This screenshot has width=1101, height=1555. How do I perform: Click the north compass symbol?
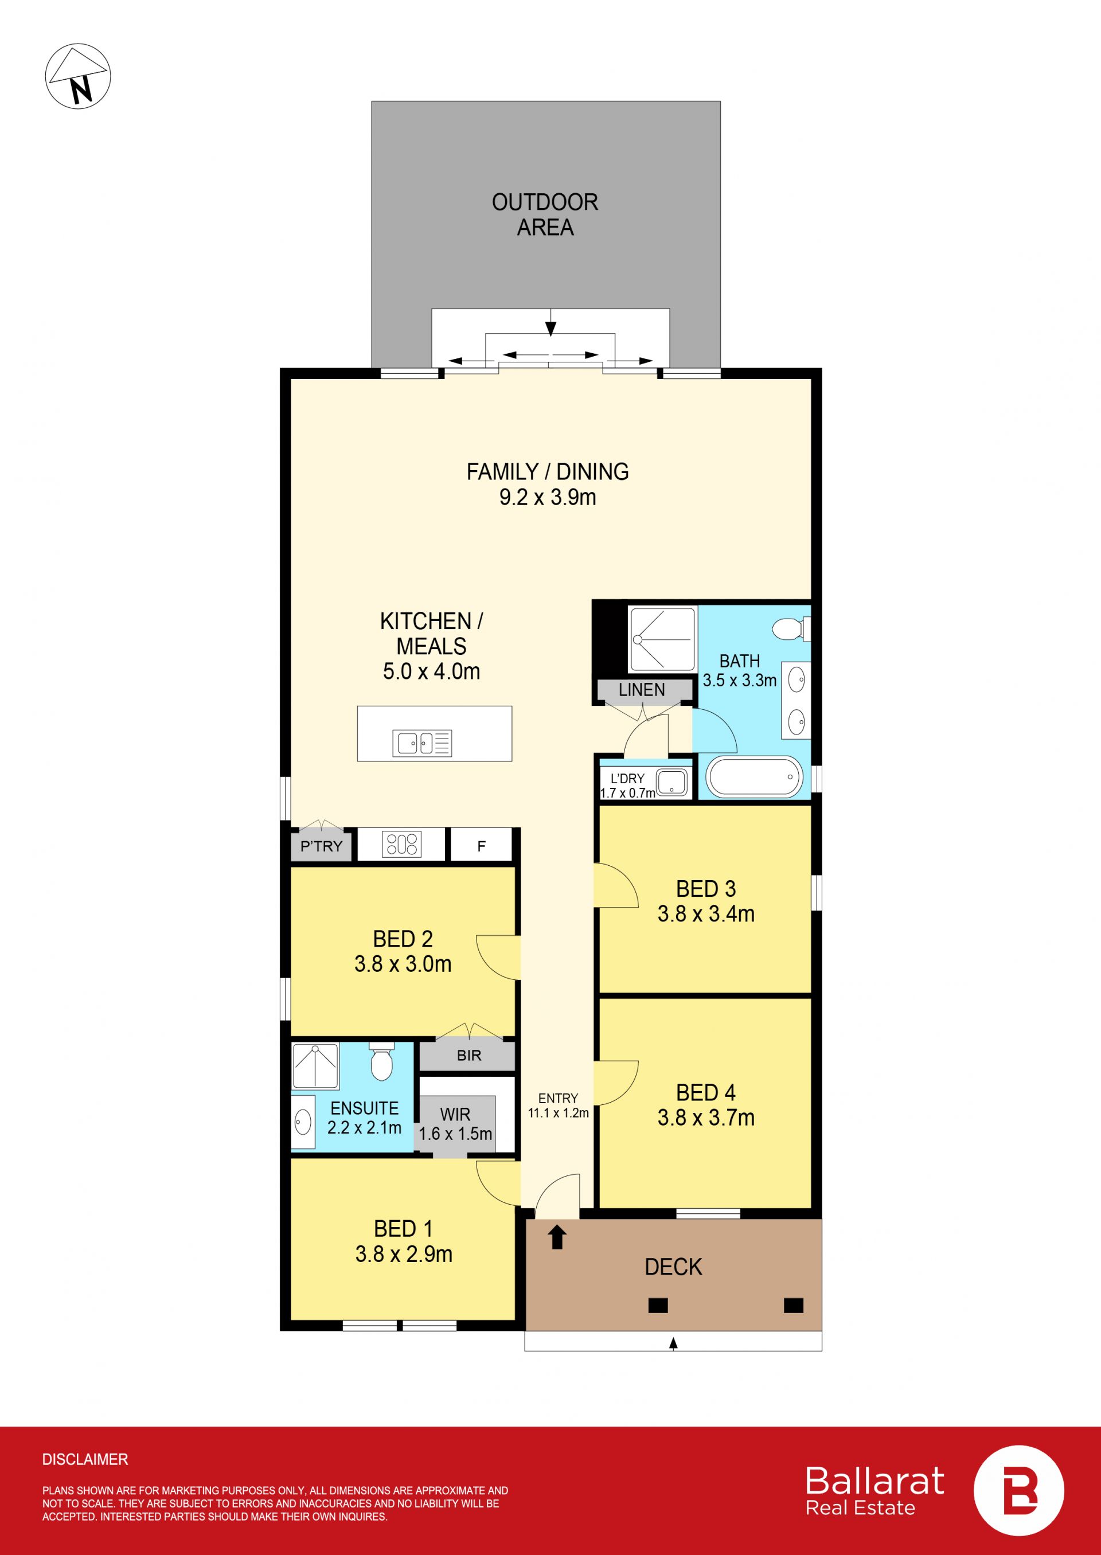pyautogui.click(x=78, y=76)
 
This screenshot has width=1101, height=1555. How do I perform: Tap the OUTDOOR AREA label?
pyautogui.click(x=545, y=215)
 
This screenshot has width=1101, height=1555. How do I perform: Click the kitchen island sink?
pyautogui.click(x=421, y=744)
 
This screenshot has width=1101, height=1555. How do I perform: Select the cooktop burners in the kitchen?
pyautogui.click(x=402, y=845)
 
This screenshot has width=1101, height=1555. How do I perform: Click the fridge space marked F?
pyautogui.click(x=481, y=846)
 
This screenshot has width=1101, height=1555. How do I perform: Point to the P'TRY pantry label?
pyautogui.click(x=321, y=846)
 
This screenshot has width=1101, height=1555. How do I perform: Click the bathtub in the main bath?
pyautogui.click(x=755, y=777)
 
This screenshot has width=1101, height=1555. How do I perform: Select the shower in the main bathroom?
pyautogui.click(x=662, y=639)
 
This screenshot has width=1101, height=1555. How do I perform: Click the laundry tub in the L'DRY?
pyautogui.click(x=671, y=782)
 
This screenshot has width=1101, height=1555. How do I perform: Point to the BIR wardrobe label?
pyautogui.click(x=468, y=1056)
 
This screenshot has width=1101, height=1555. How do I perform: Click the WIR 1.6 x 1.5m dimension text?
pyautogui.click(x=455, y=1134)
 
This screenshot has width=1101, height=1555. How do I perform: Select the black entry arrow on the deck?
pyautogui.click(x=557, y=1237)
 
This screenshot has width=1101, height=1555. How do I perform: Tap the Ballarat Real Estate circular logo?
pyautogui.click(x=1018, y=1491)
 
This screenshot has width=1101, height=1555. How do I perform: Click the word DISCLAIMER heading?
pyautogui.click(x=85, y=1459)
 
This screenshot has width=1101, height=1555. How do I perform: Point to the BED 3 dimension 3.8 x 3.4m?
pyautogui.click(x=706, y=914)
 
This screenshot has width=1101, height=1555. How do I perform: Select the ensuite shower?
pyautogui.click(x=315, y=1066)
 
